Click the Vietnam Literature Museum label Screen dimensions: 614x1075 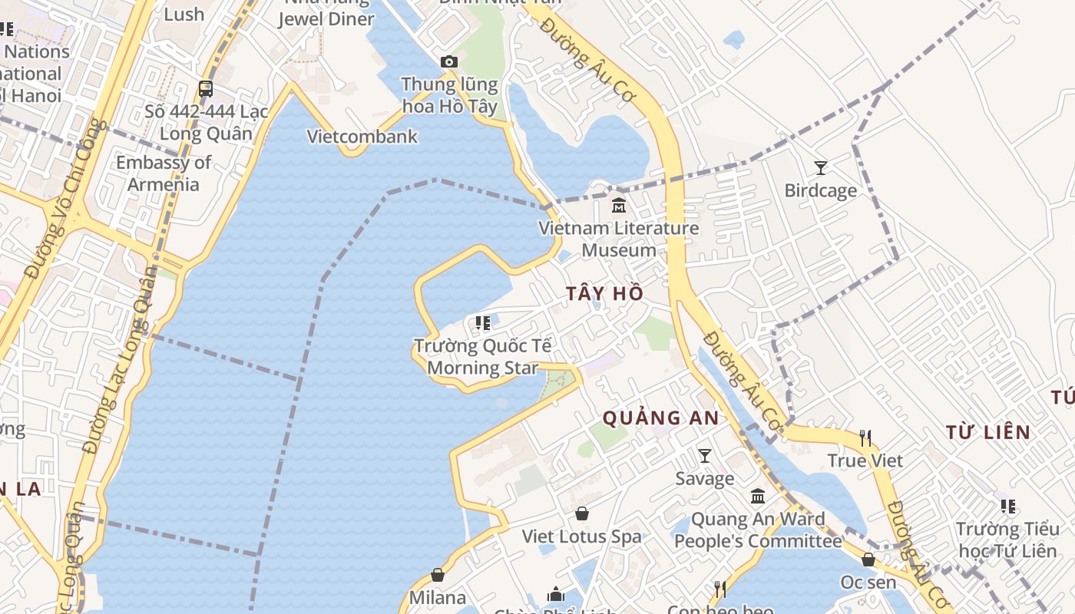pyautogui.click(x=618, y=239)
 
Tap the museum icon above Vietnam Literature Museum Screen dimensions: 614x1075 pyautogui.click(x=618, y=206)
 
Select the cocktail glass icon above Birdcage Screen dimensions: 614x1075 pyautogui.click(x=820, y=167)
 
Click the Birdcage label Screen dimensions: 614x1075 pyautogui.click(x=820, y=190)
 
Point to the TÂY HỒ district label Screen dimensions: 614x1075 pyautogui.click(x=604, y=294)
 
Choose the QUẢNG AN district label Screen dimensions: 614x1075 pyautogui.click(x=660, y=418)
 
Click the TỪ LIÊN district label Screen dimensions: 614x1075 pyautogui.click(x=987, y=432)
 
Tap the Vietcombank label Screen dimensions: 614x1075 pyautogui.click(x=362, y=137)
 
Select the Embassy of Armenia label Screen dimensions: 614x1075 pyautogui.click(x=163, y=173)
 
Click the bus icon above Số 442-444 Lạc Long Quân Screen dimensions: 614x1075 pyautogui.click(x=205, y=88)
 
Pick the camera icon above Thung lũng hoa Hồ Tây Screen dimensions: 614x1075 pyautogui.click(x=449, y=61)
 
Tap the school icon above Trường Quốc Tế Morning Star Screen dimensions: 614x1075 pyautogui.click(x=482, y=323)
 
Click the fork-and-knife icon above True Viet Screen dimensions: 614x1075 pyautogui.click(x=865, y=437)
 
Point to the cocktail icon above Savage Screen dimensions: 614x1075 pyautogui.click(x=704, y=456)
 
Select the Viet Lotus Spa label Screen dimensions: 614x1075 pyautogui.click(x=581, y=536)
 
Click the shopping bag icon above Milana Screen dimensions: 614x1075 pyautogui.click(x=438, y=575)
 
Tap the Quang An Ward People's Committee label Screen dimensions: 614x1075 pyautogui.click(x=758, y=530)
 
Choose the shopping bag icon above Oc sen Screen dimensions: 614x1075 pyautogui.click(x=868, y=560)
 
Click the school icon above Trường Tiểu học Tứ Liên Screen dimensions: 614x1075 pyautogui.click(x=1007, y=507)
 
